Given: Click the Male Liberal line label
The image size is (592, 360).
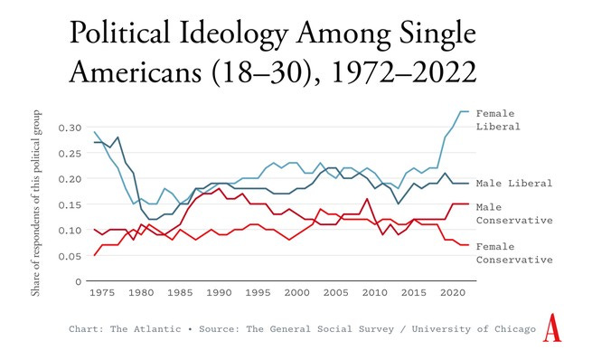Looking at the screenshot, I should (x=514, y=184).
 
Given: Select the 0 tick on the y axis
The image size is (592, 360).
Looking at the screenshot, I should (x=78, y=281).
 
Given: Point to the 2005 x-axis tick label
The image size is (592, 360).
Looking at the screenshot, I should (x=335, y=294).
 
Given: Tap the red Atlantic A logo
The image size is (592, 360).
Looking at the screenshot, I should (x=552, y=330).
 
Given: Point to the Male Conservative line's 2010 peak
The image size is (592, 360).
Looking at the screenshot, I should (x=366, y=199).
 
